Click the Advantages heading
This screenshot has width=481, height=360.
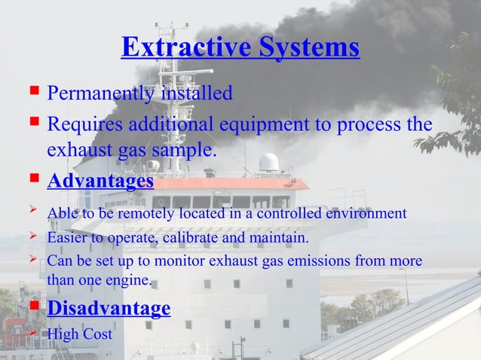click(x=100, y=182)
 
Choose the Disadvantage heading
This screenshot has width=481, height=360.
click(x=109, y=309)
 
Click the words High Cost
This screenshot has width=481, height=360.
click(x=80, y=333)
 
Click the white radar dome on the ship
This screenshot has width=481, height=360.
click(x=268, y=162)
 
